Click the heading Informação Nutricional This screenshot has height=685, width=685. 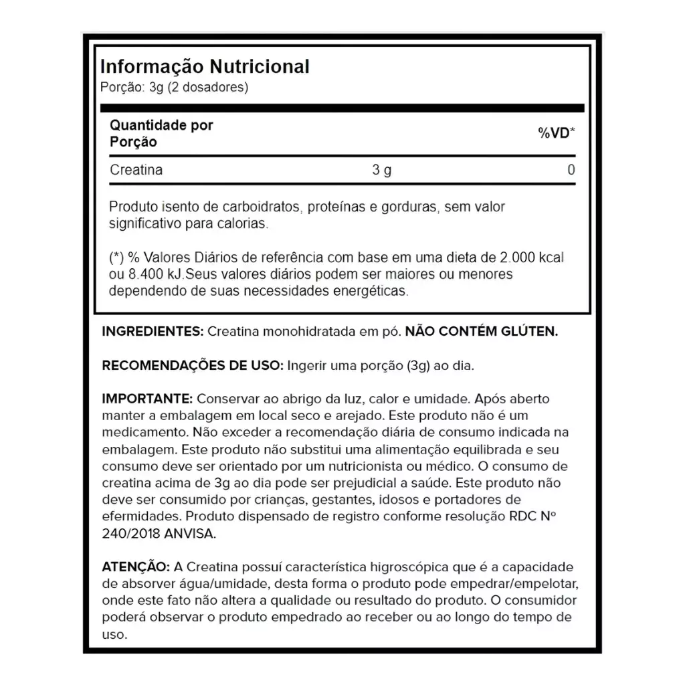coord(204,67)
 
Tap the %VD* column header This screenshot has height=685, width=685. coord(557,133)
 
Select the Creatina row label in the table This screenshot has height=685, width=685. coord(136,170)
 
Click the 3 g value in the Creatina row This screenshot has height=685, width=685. coord(382,170)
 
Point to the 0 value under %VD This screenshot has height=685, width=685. coord(571,170)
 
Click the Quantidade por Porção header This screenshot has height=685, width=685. coord(161,133)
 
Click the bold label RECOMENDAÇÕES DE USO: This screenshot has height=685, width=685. coord(192,365)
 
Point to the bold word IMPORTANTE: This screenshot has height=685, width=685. coord(147,399)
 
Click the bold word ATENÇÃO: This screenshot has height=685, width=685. coord(134,567)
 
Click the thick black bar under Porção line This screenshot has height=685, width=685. coord(342,108)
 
